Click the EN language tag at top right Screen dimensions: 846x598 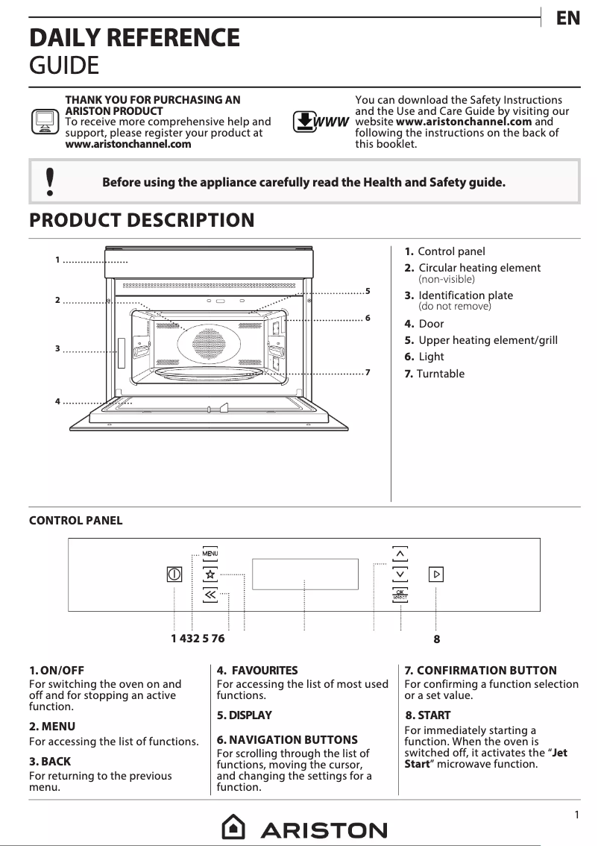(x=568, y=19)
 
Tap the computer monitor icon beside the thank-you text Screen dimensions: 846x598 (x=44, y=121)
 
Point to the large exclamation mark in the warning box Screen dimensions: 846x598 (x=50, y=181)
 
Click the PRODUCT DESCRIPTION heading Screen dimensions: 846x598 (x=142, y=221)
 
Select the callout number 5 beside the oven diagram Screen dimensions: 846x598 (x=368, y=289)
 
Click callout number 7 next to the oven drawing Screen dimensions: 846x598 (x=368, y=372)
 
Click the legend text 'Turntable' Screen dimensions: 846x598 (x=440, y=374)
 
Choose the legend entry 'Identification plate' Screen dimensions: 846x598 (x=465, y=295)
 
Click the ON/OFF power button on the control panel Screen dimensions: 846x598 (x=174, y=574)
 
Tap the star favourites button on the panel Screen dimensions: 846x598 (x=210, y=574)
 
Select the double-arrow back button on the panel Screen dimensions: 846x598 (x=210, y=595)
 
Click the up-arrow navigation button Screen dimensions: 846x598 (x=400, y=554)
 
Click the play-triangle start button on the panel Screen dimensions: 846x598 (x=436, y=574)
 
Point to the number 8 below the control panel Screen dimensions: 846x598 (x=437, y=639)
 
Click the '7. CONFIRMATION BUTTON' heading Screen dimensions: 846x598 (x=480, y=671)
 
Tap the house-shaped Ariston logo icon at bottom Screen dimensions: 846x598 (x=234, y=827)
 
